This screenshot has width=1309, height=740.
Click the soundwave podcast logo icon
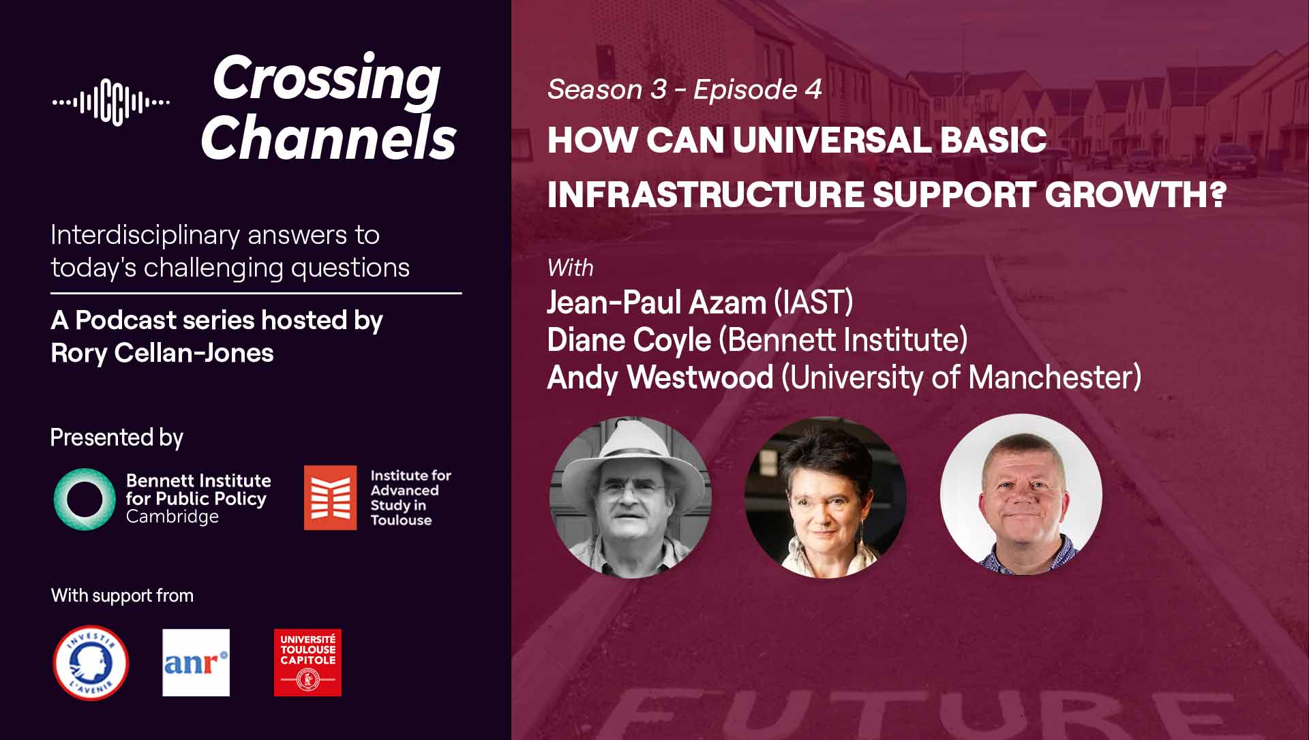pyautogui.click(x=111, y=102)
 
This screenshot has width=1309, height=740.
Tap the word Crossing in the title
pyautogui.click(x=327, y=79)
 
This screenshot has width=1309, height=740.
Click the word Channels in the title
pyautogui.click(x=328, y=137)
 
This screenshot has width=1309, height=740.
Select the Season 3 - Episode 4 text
pyautogui.click(x=684, y=89)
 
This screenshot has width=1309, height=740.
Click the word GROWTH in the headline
pyautogui.click(x=1135, y=194)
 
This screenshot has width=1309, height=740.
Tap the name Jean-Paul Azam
pyautogui.click(x=657, y=303)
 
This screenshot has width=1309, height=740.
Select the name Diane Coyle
pyautogui.click(x=629, y=340)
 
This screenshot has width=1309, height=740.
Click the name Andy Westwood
pyautogui.click(x=660, y=377)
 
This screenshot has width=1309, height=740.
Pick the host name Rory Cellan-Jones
pyautogui.click(x=162, y=353)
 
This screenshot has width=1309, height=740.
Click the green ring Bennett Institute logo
pyautogui.click(x=85, y=499)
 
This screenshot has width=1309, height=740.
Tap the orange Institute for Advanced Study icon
pyautogui.click(x=330, y=497)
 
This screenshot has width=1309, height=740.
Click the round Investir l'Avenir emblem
pyautogui.click(x=91, y=662)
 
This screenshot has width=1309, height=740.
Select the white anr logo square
pyautogui.click(x=196, y=662)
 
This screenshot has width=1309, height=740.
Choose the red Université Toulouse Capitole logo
pyautogui.click(x=307, y=662)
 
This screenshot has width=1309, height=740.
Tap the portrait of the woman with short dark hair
pyautogui.click(x=825, y=497)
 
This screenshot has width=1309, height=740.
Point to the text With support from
pyautogui.click(x=122, y=596)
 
